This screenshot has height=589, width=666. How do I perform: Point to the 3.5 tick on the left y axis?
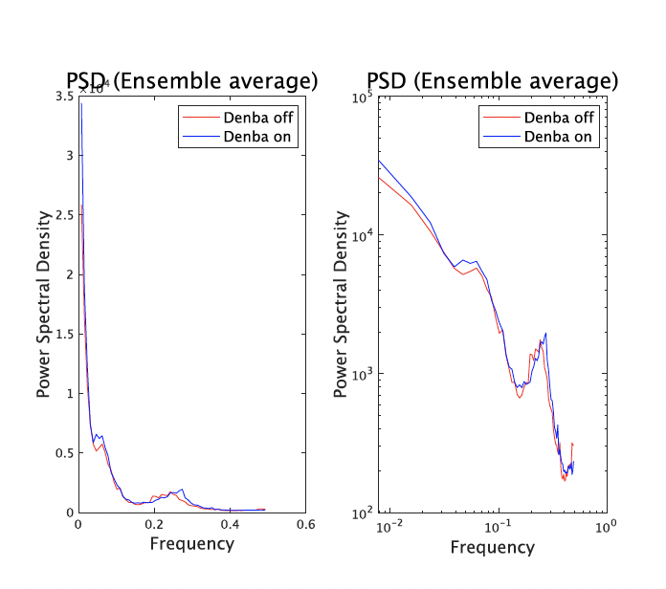[x=63, y=97]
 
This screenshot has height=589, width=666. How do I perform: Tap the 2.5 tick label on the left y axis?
[x=63, y=215]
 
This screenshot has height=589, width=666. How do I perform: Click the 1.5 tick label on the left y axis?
[x=63, y=334]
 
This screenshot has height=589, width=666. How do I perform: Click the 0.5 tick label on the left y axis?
[x=63, y=453]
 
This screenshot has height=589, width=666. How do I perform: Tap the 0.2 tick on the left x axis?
[x=153, y=525]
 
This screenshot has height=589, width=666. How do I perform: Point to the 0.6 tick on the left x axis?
[x=305, y=525]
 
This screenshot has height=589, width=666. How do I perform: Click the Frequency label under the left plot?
[x=191, y=544]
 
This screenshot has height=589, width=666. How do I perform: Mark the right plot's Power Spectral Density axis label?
[x=340, y=304]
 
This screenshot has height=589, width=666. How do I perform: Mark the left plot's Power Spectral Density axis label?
[x=43, y=304]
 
